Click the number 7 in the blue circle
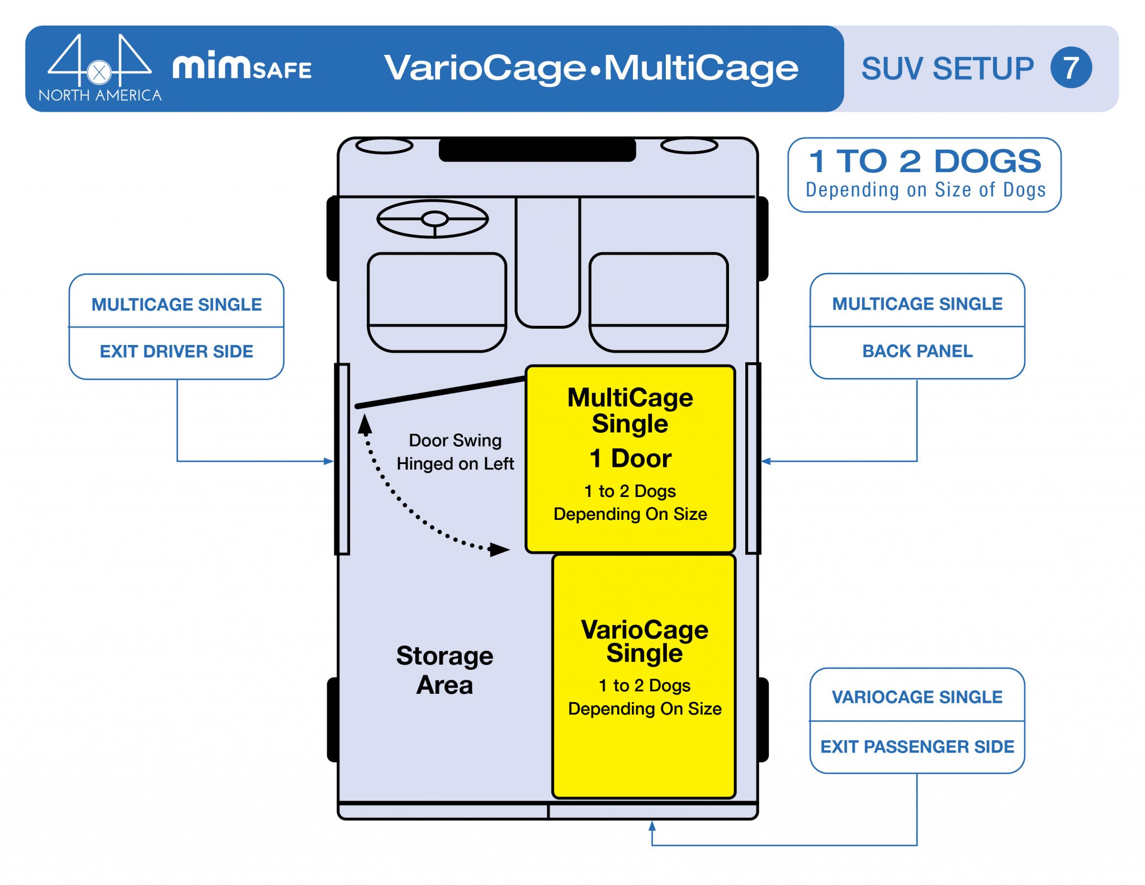1071,68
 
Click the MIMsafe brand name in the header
242,67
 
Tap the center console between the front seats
547,263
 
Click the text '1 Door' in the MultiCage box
630,458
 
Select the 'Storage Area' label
444,670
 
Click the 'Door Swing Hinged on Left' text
455,452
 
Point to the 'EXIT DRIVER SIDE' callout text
177,351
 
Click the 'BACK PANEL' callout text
917,351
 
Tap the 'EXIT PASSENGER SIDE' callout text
917,746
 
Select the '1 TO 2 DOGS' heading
925,162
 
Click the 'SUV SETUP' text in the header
947,68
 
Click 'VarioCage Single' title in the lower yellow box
644,641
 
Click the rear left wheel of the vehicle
333,720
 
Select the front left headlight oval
384,146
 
